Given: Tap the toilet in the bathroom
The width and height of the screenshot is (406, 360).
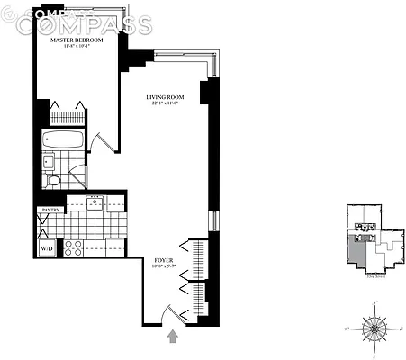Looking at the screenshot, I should click(54, 181).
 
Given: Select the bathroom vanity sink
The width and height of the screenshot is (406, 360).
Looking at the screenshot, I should click(49, 162).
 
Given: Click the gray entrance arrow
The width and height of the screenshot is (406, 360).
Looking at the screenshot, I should click(173, 337).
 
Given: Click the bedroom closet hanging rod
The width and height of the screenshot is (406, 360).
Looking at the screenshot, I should click(67, 117).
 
